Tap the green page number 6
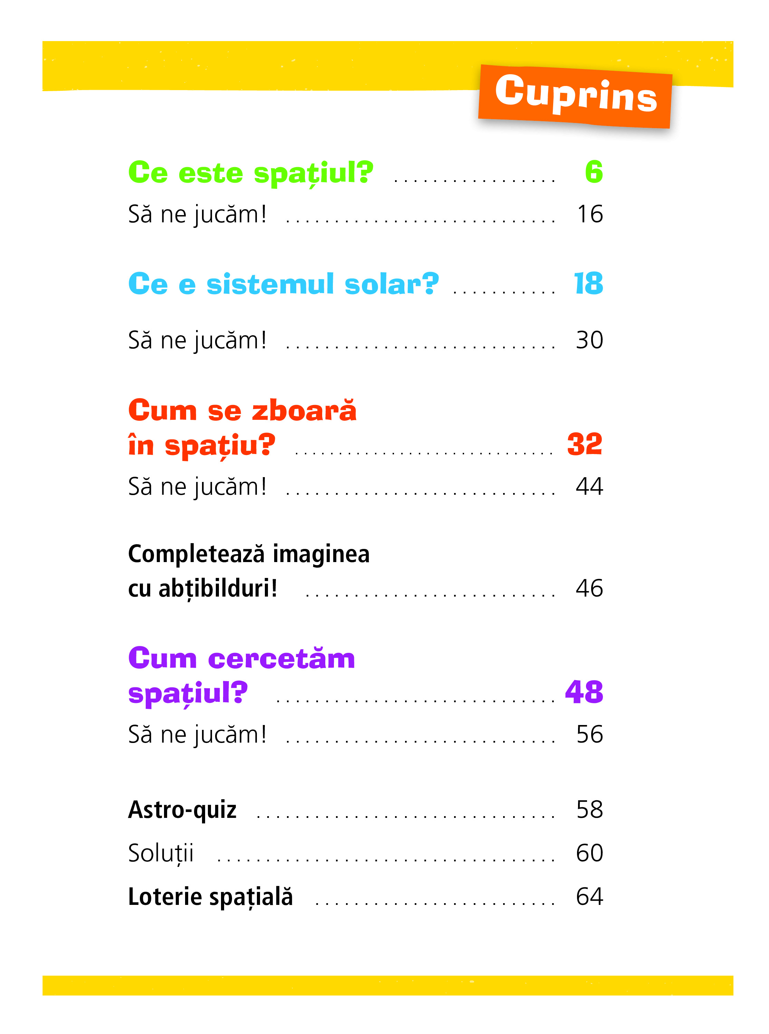pos(594,172)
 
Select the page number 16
pos(590,214)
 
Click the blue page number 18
pos(588,283)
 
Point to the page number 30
pos(589,340)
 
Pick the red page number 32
pos(585,444)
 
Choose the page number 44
pos(589,487)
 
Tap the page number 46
pos(589,588)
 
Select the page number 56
pos(589,734)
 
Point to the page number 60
pos(589,853)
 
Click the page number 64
pos(589,896)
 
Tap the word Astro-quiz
pos(182,810)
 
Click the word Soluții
pos(161,853)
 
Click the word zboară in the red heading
pos(304,411)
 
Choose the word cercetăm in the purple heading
pos(282,659)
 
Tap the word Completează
pos(196,554)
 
